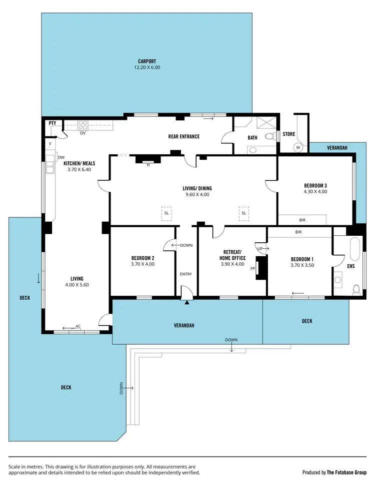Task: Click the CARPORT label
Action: click(146, 61)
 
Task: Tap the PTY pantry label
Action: click(52, 123)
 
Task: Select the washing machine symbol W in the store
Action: click(298, 147)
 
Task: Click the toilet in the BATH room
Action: click(269, 136)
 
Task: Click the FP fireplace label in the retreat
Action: click(252, 268)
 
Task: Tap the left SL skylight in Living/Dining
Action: click(166, 213)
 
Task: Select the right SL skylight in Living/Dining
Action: click(244, 213)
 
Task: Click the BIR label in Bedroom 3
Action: click(302, 219)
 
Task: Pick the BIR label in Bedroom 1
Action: click(298, 232)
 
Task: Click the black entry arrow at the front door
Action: click(187, 302)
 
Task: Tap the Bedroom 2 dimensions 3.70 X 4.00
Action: click(142, 264)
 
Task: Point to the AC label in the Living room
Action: click(77, 326)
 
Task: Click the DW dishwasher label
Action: click(61, 157)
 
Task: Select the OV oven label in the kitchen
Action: click(82, 133)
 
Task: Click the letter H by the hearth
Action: click(148, 165)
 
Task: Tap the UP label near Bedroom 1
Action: click(259, 248)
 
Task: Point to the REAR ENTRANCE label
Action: click(183, 136)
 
